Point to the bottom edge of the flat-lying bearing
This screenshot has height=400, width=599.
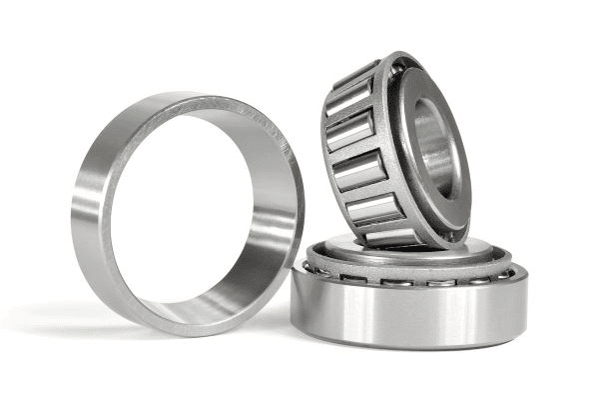tap(409, 345)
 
